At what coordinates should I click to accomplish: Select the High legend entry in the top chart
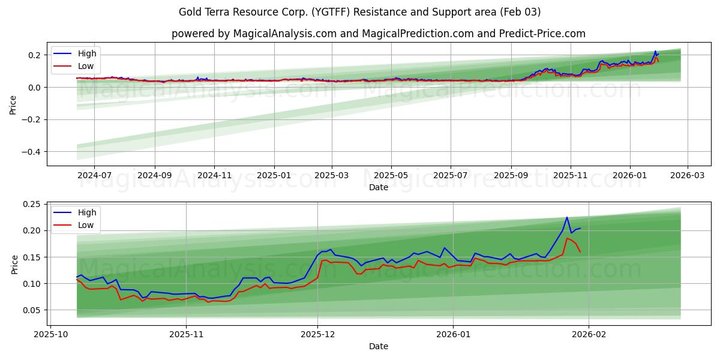pos(87,54)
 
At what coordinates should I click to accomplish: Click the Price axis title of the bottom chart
pos(14,265)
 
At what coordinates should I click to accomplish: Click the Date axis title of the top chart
pos(378,187)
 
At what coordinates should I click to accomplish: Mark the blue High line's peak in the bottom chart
pos(566,217)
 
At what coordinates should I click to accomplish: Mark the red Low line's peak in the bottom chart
pos(566,238)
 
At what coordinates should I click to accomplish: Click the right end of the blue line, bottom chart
pos(580,228)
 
